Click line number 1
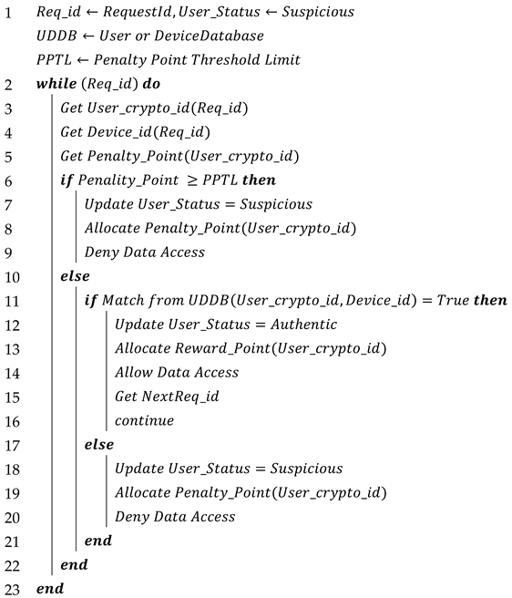point(8,12)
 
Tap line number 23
point(11,588)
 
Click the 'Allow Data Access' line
point(177,372)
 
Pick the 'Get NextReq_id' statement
point(167,397)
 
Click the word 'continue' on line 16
point(144,420)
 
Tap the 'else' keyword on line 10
point(75,276)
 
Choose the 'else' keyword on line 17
point(98,444)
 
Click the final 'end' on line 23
point(50,588)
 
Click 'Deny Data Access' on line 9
point(145,253)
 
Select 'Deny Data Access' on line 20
point(175,516)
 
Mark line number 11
point(11,300)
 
